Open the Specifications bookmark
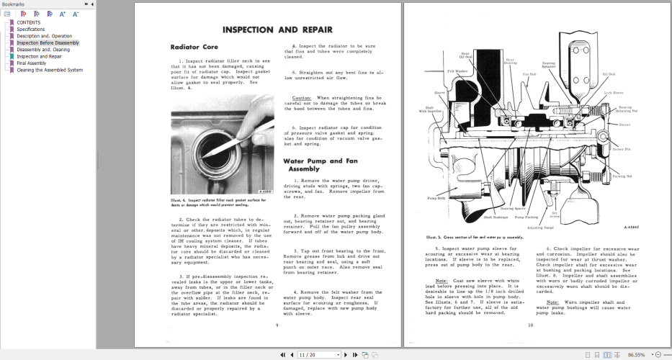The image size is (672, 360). [x=31, y=30]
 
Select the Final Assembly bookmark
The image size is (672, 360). [x=32, y=63]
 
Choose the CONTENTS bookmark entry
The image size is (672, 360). [x=29, y=22]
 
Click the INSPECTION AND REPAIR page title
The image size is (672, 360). [x=277, y=30]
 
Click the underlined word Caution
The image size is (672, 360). [x=302, y=97]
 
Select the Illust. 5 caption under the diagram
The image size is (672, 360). [x=475, y=236]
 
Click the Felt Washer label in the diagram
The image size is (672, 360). [x=457, y=71]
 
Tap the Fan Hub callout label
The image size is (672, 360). [x=529, y=74]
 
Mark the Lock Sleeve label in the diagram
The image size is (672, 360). [x=614, y=93]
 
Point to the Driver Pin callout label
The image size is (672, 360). [x=621, y=149]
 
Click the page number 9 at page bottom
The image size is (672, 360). [x=277, y=325]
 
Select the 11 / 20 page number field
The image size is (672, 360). [x=307, y=354]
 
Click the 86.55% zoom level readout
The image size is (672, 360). [x=636, y=354]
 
